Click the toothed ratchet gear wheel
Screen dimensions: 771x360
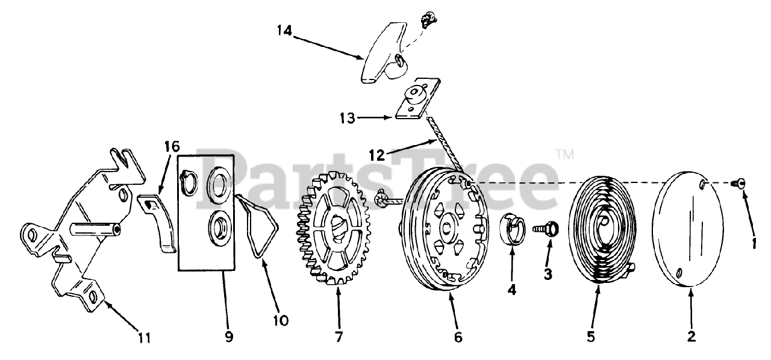point(332,228)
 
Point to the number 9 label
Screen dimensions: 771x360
point(229,338)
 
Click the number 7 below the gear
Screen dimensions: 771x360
point(339,338)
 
